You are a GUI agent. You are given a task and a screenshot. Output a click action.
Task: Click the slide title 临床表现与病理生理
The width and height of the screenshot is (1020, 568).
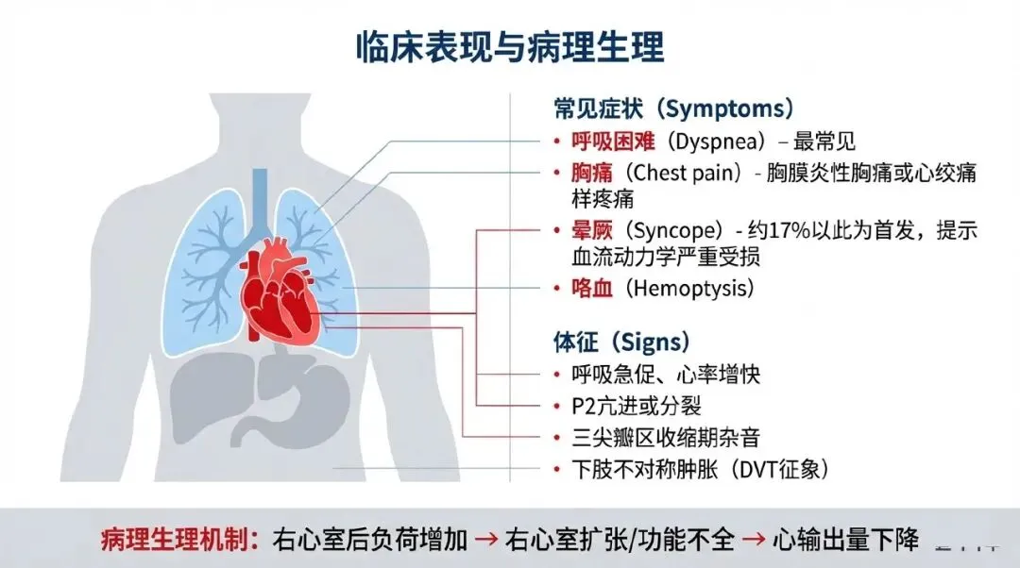pos(510,45)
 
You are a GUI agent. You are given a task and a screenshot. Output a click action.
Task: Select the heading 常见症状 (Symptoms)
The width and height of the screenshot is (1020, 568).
pos(672,109)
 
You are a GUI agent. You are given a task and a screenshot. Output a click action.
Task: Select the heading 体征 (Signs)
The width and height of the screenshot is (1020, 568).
pos(621,341)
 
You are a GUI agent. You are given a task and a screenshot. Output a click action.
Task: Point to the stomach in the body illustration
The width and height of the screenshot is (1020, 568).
pos(302,396)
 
